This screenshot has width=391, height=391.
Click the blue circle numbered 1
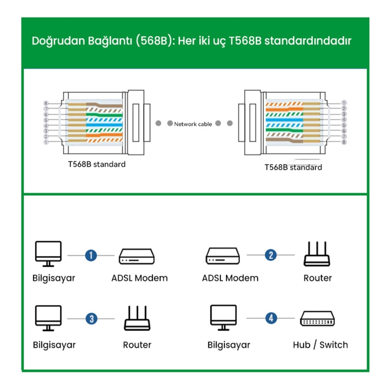[x=90, y=255]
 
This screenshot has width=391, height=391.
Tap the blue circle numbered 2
[x=271, y=255]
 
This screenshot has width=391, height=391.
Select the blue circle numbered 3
[x=91, y=319]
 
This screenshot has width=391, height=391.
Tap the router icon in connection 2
[x=317, y=254]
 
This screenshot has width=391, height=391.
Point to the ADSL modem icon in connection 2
[x=222, y=255]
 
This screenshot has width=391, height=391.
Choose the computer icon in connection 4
[x=223, y=318]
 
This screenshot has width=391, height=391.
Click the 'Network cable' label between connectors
[x=193, y=124]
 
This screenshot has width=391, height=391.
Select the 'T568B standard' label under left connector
[x=96, y=164]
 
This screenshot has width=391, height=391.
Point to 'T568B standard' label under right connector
[x=293, y=167]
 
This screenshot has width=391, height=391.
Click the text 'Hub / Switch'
[x=320, y=345]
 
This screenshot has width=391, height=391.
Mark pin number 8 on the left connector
[x=45, y=104]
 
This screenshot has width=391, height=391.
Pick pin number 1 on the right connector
[x=344, y=103]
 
